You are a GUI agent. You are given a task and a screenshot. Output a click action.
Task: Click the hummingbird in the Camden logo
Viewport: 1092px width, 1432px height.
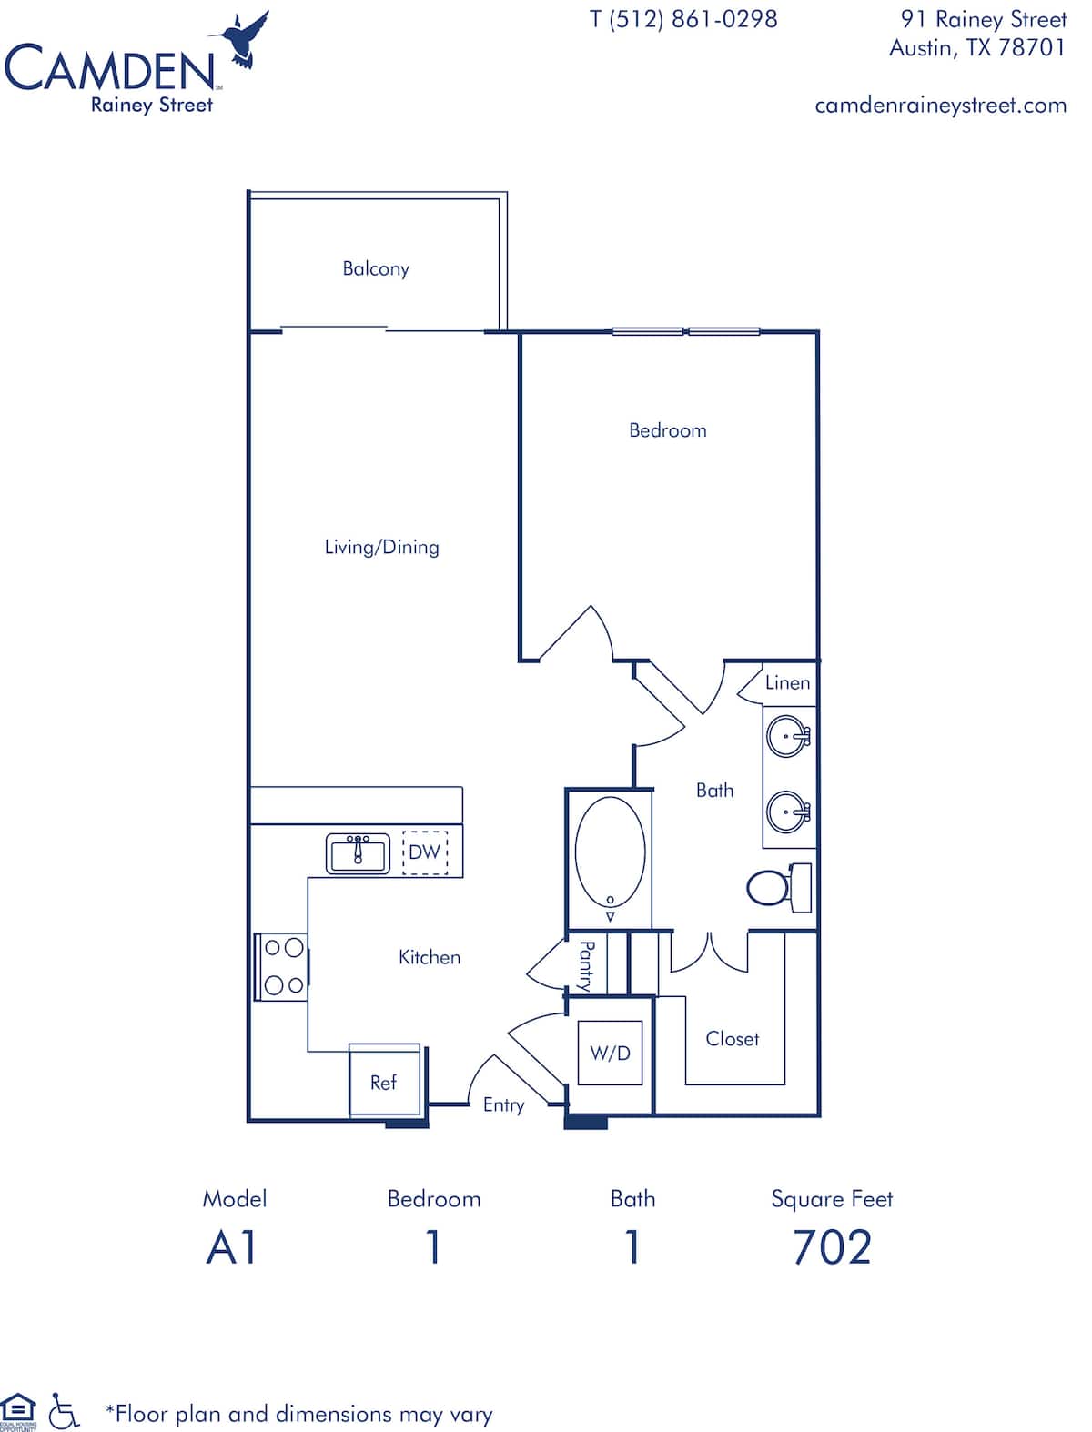(243, 40)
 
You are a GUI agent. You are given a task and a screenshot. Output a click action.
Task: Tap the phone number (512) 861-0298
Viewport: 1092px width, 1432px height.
(693, 20)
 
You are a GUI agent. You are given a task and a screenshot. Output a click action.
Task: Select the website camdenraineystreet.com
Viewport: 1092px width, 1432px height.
(941, 106)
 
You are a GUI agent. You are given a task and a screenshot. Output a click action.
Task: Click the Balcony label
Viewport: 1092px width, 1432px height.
(376, 268)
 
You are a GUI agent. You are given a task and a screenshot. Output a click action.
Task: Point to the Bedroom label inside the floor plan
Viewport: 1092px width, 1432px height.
(667, 430)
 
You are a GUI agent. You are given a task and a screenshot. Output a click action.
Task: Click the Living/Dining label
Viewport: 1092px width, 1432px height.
(381, 547)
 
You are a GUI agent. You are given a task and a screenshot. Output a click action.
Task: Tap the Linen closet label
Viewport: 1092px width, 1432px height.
(787, 683)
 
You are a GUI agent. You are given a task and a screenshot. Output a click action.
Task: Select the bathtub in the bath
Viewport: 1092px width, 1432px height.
(610, 855)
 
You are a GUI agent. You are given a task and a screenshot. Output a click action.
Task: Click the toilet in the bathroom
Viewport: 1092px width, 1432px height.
(779, 887)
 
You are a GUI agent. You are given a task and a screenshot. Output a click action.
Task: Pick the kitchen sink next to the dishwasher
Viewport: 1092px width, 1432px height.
(359, 853)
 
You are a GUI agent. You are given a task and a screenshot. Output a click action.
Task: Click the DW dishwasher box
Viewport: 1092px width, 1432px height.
(425, 852)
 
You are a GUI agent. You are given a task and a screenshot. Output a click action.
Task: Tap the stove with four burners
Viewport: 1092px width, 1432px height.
(281, 966)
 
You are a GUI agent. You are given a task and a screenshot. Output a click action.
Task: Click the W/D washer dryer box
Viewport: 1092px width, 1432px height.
(610, 1053)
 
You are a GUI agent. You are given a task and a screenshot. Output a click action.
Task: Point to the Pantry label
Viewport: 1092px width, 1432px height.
(586, 966)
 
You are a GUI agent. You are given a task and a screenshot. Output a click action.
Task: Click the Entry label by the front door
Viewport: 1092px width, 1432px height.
(503, 1105)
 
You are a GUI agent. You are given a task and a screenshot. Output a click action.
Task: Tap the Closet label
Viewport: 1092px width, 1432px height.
(733, 1039)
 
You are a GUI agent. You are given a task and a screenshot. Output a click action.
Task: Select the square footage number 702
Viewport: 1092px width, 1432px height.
(832, 1246)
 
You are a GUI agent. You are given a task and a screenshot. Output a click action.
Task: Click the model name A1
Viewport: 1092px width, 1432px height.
(231, 1246)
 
